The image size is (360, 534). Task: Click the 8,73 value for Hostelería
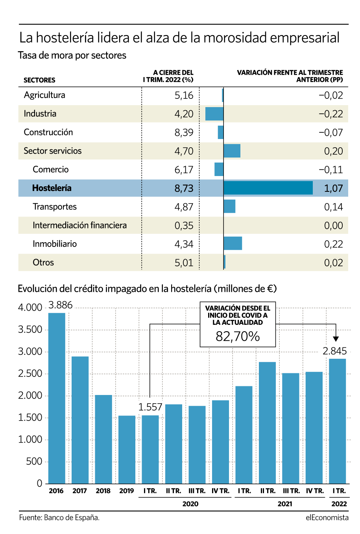click(x=184, y=188)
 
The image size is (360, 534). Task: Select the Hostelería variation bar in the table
click(x=268, y=188)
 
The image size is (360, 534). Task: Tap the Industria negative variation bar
click(x=214, y=114)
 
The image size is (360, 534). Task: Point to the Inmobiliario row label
click(x=55, y=244)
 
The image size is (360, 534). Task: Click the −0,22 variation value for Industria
click(x=331, y=114)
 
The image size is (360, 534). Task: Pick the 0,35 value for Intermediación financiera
click(x=184, y=226)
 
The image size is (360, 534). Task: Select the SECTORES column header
click(x=39, y=80)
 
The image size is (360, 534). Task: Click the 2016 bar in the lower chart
click(x=57, y=399)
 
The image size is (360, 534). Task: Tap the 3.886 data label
click(x=60, y=305)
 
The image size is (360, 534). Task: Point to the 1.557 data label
click(x=150, y=407)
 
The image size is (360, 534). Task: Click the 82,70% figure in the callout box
click(x=238, y=336)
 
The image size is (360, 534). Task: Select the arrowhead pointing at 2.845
click(x=336, y=339)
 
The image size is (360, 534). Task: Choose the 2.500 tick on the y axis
click(x=30, y=374)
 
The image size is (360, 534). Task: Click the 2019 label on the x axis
click(x=127, y=491)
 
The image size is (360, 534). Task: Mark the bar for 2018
click(x=103, y=439)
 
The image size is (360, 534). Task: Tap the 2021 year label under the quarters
click(x=285, y=504)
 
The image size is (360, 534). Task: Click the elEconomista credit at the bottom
click(x=327, y=517)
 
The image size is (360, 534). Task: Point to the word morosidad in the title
click(x=235, y=38)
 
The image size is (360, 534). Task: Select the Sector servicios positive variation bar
click(x=232, y=151)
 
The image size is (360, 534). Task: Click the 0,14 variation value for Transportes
click(x=333, y=207)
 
